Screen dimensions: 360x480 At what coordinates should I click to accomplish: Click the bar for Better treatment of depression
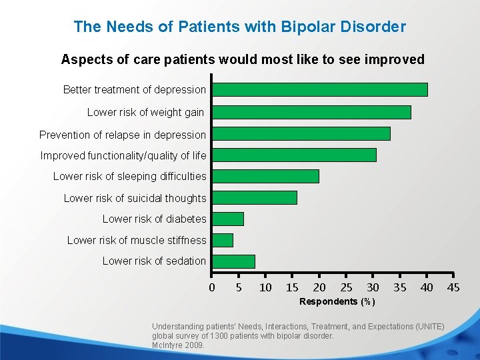(x=319, y=89)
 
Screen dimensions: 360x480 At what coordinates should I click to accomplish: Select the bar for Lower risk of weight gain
(x=311, y=112)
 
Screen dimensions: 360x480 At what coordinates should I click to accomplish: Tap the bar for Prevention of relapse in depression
(x=301, y=133)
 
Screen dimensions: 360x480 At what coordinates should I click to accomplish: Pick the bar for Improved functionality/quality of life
(x=294, y=155)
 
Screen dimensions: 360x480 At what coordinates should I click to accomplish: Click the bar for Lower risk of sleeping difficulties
(x=265, y=176)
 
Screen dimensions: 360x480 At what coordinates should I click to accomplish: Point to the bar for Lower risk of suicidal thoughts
(x=254, y=197)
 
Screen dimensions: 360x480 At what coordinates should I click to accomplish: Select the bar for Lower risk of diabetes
(x=228, y=219)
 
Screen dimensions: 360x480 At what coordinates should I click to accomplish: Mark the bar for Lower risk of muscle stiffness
(x=223, y=240)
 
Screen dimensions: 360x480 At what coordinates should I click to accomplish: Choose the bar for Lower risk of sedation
(x=233, y=261)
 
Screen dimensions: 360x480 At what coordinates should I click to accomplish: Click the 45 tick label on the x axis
(x=453, y=287)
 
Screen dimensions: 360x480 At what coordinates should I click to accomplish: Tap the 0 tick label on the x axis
(x=212, y=287)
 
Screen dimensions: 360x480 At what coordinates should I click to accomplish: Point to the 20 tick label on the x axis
(x=319, y=287)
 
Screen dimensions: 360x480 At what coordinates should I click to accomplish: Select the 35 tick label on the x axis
(x=399, y=287)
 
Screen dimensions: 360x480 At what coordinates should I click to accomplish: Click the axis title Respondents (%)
(x=337, y=302)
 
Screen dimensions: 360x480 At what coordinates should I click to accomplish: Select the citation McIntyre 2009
(x=178, y=345)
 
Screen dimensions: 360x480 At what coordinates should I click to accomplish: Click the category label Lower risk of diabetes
(x=154, y=219)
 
